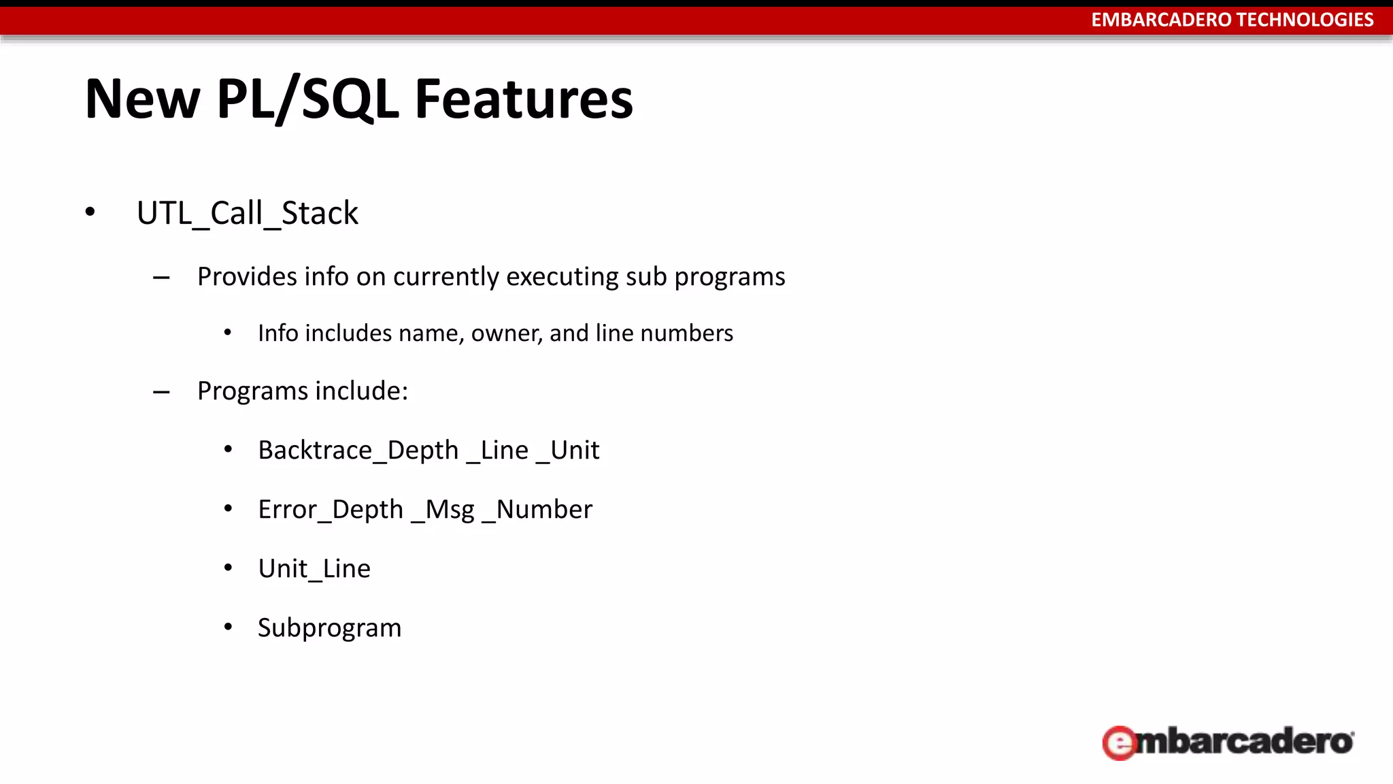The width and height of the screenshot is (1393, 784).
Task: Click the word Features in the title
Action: pyautogui.click(x=524, y=99)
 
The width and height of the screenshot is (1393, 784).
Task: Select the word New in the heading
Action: pyautogui.click(x=142, y=99)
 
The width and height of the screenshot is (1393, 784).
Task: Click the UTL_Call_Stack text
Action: pyautogui.click(x=247, y=213)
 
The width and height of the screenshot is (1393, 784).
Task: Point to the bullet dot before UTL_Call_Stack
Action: pyautogui.click(x=90, y=212)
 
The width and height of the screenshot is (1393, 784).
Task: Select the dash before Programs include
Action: pyautogui.click(x=161, y=392)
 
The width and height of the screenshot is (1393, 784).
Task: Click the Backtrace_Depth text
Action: pyautogui.click(x=358, y=451)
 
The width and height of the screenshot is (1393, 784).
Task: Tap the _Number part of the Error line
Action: pyautogui.click(x=537, y=510)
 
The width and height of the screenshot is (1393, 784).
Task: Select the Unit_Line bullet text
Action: pyautogui.click(x=314, y=569)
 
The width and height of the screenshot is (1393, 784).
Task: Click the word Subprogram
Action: pyautogui.click(x=329, y=627)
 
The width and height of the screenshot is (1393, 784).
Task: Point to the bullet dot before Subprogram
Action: pyautogui.click(x=229, y=627)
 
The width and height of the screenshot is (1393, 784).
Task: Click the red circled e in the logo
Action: pyautogui.click(x=1119, y=742)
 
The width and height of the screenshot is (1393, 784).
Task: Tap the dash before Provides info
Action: pyautogui.click(x=161, y=278)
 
